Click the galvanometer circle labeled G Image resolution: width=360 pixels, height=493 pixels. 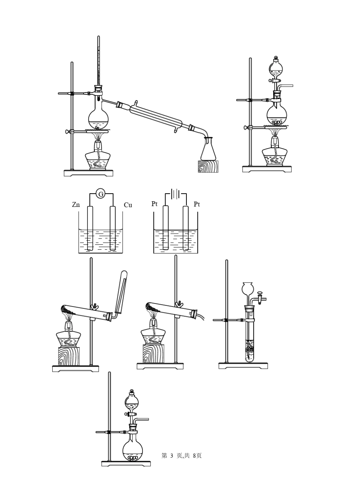(101, 194)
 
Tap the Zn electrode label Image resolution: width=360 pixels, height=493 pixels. (76, 205)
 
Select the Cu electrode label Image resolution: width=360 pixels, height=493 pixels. (128, 205)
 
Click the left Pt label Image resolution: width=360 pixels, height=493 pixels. (155, 204)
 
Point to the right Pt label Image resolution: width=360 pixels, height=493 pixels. (197, 205)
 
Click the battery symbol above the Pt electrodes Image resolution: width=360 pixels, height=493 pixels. (176, 194)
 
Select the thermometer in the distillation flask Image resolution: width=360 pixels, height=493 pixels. (99, 66)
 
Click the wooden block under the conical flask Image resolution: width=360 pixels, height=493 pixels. (208, 167)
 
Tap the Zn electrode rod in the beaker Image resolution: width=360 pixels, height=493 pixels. (90, 228)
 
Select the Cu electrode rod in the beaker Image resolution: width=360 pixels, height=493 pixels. (113, 228)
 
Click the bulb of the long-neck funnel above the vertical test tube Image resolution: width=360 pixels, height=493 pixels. (248, 288)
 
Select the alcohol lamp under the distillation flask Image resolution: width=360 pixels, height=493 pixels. (98, 156)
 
